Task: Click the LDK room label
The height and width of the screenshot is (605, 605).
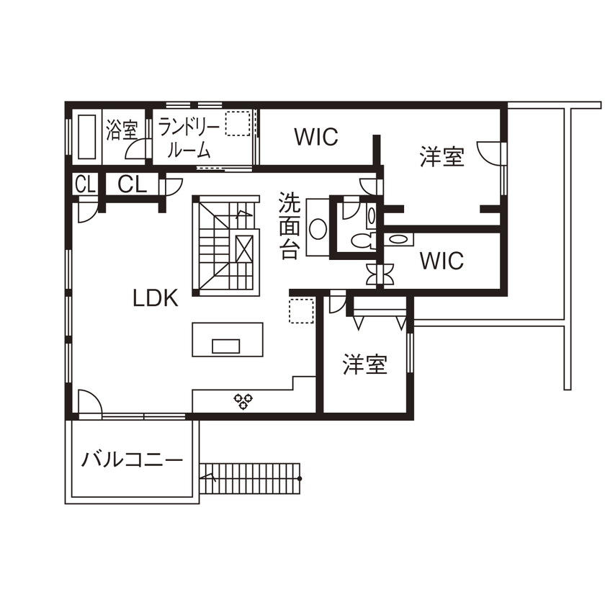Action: (x=155, y=298)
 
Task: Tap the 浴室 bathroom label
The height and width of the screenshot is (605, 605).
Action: (x=122, y=130)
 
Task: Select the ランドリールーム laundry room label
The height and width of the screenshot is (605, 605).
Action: (x=189, y=138)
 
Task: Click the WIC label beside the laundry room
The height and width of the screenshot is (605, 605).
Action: (x=316, y=137)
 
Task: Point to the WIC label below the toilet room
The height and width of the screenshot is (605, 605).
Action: (x=442, y=261)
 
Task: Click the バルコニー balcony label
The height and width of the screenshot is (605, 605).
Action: (x=132, y=460)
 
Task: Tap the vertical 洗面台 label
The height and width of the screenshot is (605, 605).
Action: (x=290, y=225)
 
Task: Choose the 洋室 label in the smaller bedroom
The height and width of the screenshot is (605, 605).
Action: (x=364, y=365)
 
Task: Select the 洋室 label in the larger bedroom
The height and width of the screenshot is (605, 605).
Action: (x=442, y=156)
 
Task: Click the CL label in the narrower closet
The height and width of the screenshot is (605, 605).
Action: (x=85, y=184)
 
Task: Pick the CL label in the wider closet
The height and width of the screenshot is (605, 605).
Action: (x=133, y=184)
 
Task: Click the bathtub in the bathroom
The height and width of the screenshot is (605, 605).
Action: (x=87, y=137)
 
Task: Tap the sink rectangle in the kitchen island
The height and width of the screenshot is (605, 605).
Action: (x=226, y=346)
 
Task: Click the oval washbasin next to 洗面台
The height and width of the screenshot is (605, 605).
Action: (x=316, y=228)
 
